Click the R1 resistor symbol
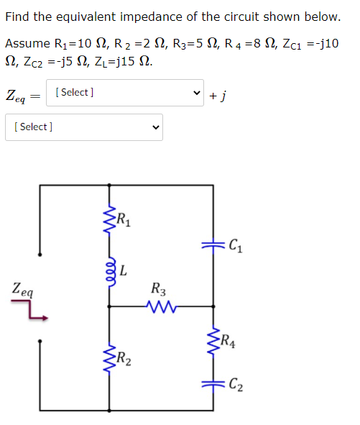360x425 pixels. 110,222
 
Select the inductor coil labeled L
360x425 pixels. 110,271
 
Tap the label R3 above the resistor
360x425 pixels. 159,291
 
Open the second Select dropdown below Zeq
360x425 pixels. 83,127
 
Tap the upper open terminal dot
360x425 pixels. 41,254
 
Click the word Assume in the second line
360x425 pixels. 29,44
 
